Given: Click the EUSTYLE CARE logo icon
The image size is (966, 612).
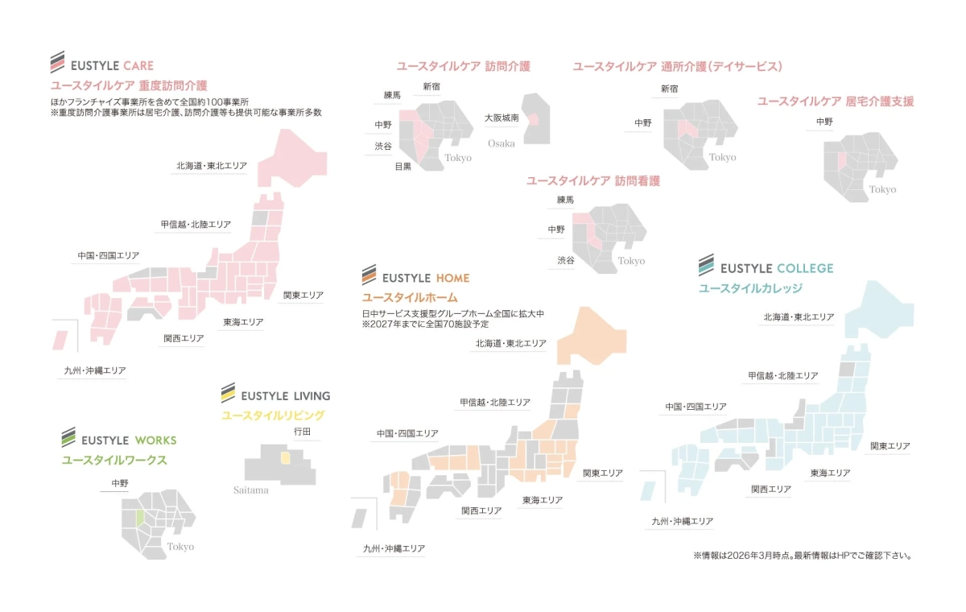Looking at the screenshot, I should [x=57, y=64].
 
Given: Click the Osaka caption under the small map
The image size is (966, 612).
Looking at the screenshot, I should [x=501, y=143].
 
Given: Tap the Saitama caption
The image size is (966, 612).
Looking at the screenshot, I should [x=251, y=490].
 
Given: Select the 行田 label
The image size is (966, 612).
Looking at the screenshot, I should [x=302, y=432].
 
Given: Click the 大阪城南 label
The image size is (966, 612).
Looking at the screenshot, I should [x=501, y=118].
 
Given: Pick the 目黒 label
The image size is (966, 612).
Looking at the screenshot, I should [x=402, y=167].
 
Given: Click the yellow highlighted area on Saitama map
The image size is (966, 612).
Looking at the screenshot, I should [x=285, y=457].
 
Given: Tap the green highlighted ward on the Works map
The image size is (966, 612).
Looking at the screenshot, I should [x=139, y=517].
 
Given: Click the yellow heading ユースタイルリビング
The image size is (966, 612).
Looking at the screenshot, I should [x=273, y=416].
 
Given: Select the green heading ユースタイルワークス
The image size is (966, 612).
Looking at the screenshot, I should [x=114, y=461].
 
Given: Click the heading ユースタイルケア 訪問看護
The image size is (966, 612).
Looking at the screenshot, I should [x=592, y=181].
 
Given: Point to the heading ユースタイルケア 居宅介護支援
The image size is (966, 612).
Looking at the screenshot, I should [x=836, y=101].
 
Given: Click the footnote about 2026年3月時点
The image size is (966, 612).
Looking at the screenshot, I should [x=802, y=556].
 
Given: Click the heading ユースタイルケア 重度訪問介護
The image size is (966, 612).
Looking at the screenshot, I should [x=129, y=85].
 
